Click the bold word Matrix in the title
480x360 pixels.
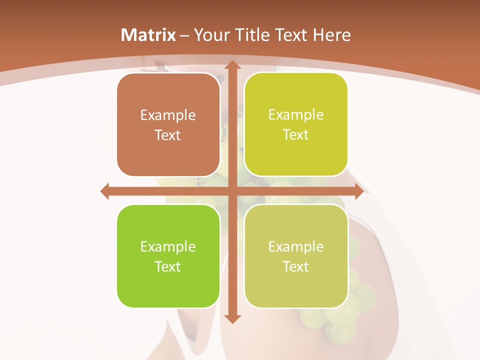point(148,35)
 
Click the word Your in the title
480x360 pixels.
point(209,35)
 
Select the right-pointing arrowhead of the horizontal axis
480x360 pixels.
point(358,191)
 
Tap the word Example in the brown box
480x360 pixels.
point(168,115)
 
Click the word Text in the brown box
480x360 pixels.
point(168,135)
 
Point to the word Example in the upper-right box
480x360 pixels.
point(296,115)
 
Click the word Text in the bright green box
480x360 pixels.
point(168,267)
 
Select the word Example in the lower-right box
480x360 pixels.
point(296,247)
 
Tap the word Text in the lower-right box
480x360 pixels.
point(296,267)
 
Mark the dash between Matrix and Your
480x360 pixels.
point(184,35)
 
